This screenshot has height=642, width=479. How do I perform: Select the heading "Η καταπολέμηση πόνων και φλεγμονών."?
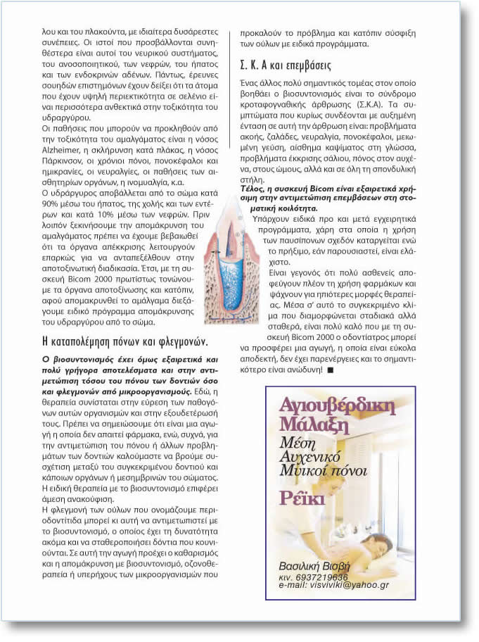pos(125,342)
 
